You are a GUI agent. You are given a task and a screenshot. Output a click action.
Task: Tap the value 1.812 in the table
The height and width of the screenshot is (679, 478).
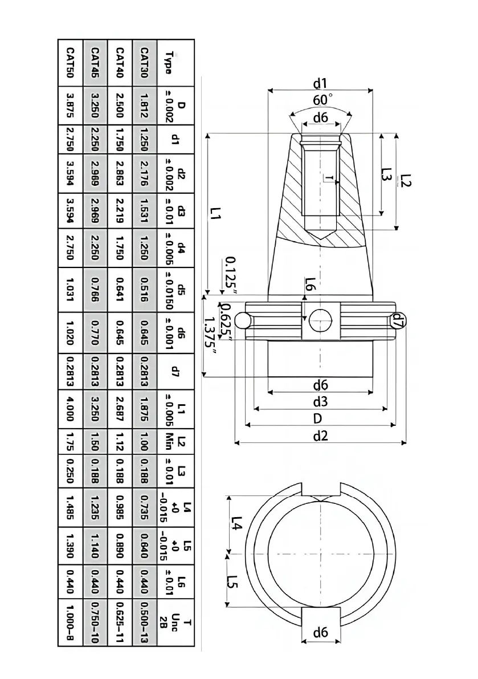[145, 106]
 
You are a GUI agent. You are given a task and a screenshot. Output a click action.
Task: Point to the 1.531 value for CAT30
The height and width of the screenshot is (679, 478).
[145, 210]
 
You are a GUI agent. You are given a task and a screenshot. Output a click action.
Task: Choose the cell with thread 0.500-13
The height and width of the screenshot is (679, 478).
[145, 620]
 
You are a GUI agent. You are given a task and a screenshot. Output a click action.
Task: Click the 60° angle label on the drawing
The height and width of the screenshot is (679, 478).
[321, 100]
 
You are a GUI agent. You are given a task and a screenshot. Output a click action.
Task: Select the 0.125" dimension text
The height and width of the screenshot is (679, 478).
[231, 274]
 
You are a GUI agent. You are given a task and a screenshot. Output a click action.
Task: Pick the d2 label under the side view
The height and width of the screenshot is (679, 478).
[321, 437]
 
